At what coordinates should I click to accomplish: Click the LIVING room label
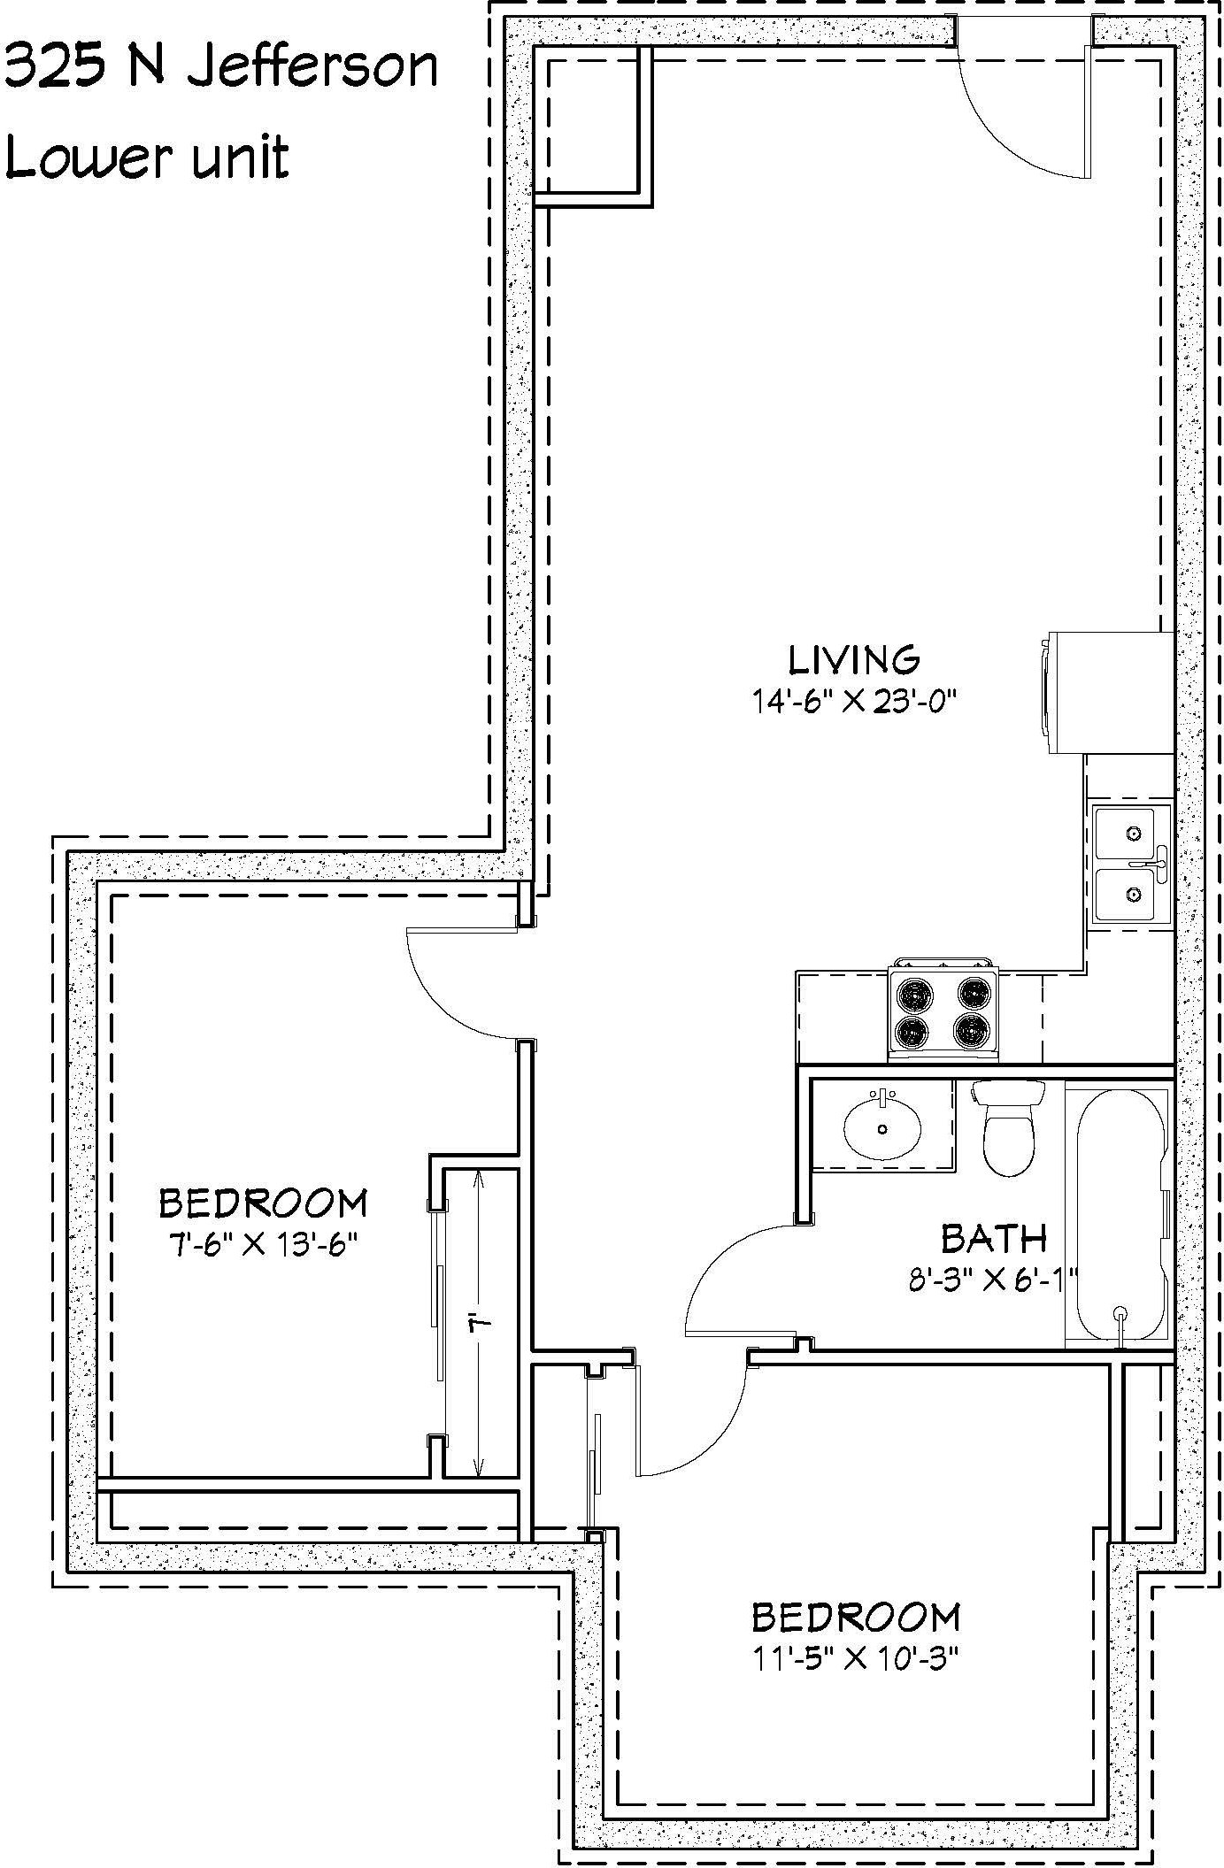pos(854,660)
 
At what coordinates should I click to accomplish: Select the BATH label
pos(994,1239)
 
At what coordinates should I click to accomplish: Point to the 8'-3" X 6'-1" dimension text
pos(994,1280)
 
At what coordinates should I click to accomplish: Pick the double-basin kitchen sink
pos(1131,865)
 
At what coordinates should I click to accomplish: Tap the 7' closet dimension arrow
pos(479,1323)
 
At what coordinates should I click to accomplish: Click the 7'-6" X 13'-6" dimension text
pos(263,1244)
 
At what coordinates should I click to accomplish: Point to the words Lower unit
pos(148,159)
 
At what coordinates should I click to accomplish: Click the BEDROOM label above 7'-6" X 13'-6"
pos(263,1203)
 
